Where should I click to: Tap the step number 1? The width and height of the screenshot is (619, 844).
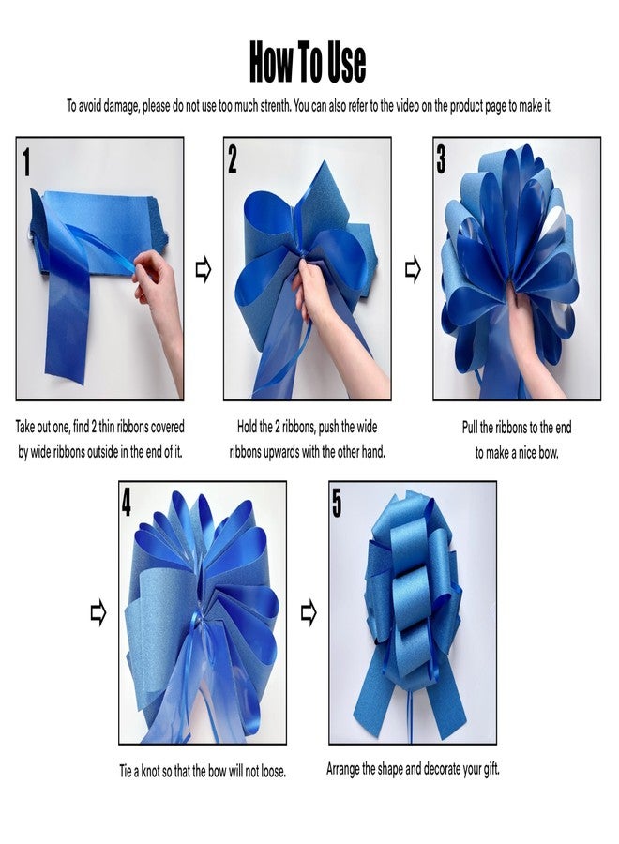(27, 162)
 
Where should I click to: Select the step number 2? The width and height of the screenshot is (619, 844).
(232, 159)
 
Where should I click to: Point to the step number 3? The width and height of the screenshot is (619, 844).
(441, 159)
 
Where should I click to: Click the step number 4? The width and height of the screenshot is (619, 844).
(126, 504)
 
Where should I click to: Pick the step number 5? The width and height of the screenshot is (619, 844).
(337, 504)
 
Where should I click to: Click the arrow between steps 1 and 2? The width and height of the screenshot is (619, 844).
(204, 269)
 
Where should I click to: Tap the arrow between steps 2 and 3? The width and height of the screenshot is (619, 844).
(413, 269)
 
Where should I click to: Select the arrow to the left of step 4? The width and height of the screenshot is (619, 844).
(98, 613)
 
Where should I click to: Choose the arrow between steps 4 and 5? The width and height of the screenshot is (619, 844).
(309, 613)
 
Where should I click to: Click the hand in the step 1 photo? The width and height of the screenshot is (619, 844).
(159, 301)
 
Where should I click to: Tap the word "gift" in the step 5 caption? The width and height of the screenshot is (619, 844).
(491, 769)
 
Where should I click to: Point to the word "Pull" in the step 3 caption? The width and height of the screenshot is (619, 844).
(469, 428)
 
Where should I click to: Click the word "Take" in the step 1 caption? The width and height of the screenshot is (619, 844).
(24, 427)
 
